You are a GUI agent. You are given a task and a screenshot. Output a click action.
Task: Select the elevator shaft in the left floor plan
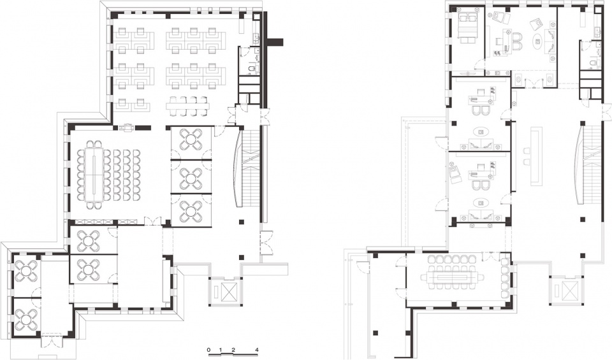point(226,291)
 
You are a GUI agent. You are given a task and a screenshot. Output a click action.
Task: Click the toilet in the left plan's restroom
point(253,69)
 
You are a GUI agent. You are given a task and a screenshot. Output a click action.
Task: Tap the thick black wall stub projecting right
point(275,41)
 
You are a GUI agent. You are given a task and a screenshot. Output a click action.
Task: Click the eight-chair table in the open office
point(188,105)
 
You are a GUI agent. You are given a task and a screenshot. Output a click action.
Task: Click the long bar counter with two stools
point(534,156)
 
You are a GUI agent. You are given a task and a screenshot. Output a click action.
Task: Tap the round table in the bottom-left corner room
point(25,320)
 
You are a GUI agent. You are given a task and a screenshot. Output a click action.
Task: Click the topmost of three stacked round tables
point(191,140)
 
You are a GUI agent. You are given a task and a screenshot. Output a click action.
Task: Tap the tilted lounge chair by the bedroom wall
point(455,174)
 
